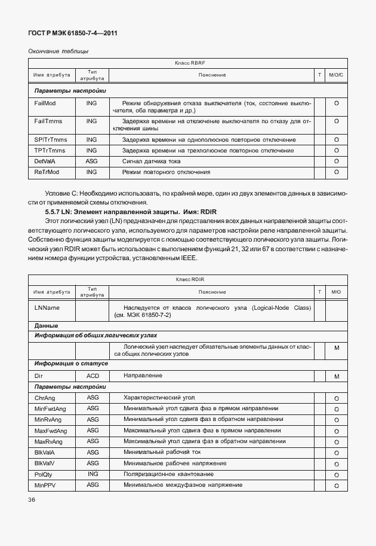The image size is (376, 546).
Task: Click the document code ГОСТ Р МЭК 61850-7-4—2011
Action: click(71, 33)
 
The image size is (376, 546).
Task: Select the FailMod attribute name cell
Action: click(45, 103)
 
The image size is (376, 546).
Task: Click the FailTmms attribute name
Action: click(48, 121)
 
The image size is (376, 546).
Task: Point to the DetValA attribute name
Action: click(45, 161)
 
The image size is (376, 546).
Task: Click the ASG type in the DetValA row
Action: click(91, 161)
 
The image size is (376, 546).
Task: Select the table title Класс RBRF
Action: click(189, 63)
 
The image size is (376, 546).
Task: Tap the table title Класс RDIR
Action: click(189, 280)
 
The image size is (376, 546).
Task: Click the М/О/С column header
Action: click(337, 75)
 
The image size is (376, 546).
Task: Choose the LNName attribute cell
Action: click(47, 307)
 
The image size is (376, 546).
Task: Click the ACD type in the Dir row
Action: click(93, 376)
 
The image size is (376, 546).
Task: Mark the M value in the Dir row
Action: click(337, 376)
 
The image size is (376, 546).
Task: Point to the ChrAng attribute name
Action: click(45, 398)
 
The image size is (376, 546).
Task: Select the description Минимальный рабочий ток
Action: click(159, 452)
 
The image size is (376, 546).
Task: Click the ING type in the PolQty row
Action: click(93, 474)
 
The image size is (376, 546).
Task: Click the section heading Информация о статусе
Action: click(71, 364)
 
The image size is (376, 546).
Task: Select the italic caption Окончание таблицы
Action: click(58, 51)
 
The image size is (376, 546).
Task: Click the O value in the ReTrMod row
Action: click(337, 172)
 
